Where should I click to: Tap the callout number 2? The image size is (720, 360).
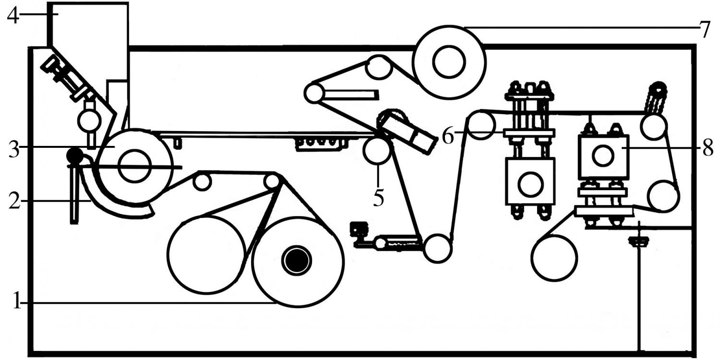click(14, 202)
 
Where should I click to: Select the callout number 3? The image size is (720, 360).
click(14, 149)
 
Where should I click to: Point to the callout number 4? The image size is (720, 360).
click(13, 15)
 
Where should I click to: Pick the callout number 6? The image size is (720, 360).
click(448, 135)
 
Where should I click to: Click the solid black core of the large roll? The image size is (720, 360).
click(296, 260)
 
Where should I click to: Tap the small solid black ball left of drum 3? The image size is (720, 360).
click(74, 155)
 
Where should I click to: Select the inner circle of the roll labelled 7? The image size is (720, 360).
click(449, 62)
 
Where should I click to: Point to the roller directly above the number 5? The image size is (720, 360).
click(377, 150)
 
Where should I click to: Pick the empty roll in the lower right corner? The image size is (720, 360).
click(554, 258)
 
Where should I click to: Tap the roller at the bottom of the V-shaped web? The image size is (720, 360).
click(437, 249)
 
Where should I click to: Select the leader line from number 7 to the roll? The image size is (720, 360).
click(581, 27)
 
